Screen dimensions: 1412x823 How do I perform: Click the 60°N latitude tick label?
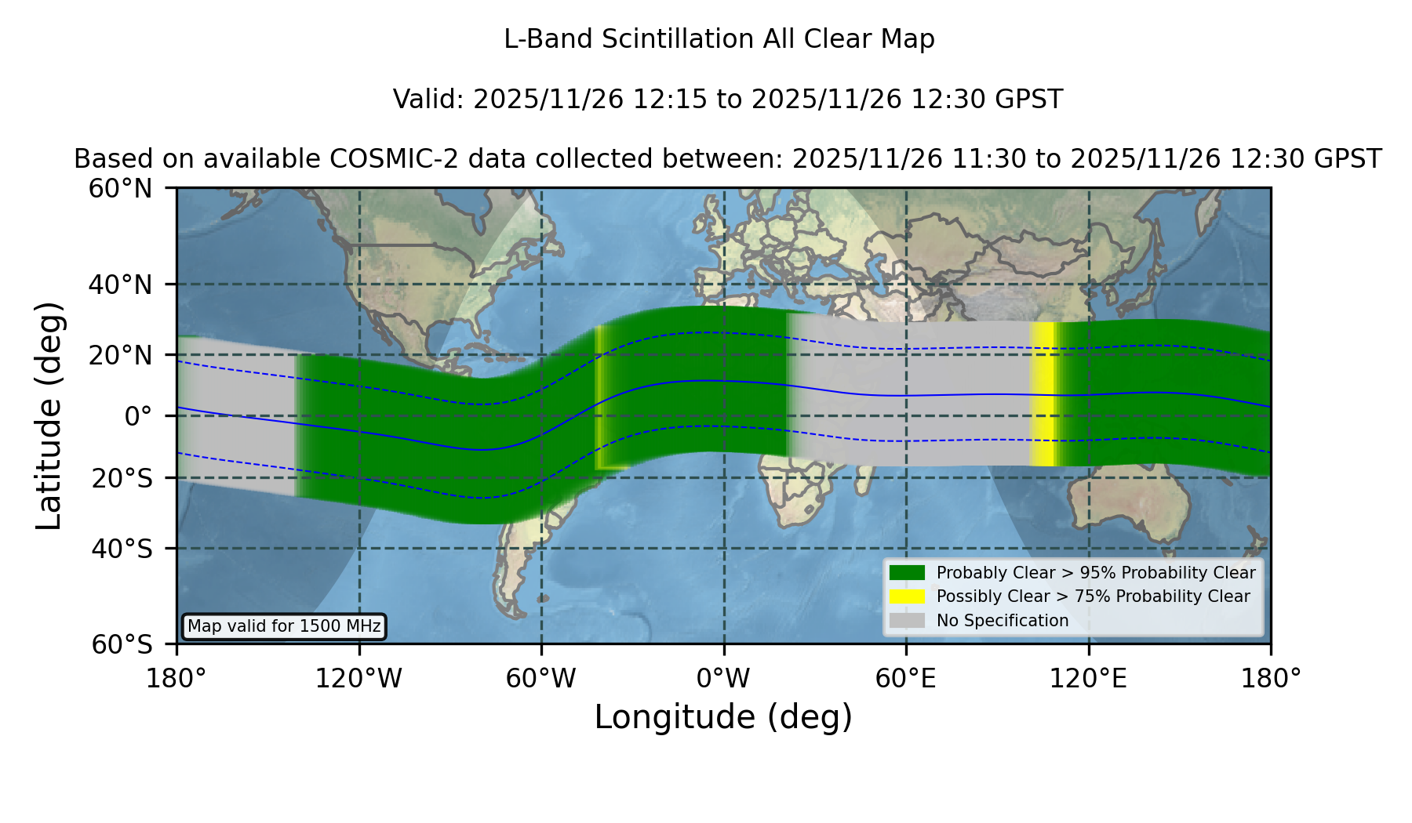[121, 189]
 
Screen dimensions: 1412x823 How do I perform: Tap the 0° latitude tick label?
[138, 416]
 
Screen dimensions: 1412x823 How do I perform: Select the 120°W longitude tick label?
[359, 679]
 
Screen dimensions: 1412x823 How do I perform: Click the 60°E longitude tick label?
[906, 679]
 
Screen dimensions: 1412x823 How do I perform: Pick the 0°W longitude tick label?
[724, 679]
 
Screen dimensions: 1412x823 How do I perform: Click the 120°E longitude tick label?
[1089, 679]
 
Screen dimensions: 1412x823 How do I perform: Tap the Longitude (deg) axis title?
[723, 717]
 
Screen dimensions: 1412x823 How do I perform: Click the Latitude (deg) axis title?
[49, 415]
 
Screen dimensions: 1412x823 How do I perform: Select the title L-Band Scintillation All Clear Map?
[719, 39]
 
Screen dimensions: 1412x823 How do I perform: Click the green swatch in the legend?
[908, 573]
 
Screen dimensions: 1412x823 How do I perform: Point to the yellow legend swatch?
[908, 596]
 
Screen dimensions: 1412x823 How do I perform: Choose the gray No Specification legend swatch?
[908, 621]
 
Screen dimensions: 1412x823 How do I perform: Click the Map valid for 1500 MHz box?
[284, 626]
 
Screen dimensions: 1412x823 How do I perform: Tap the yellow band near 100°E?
[1042, 394]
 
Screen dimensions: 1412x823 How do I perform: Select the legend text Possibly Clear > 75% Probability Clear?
[1094, 596]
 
